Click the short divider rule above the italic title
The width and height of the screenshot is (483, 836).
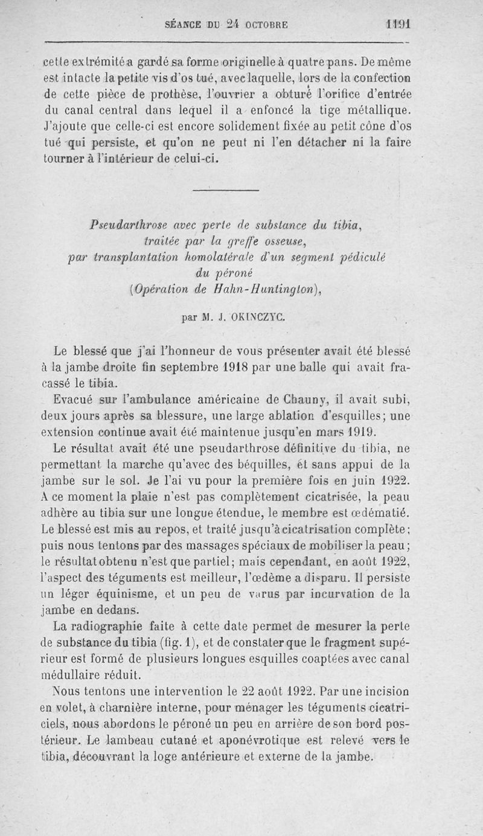[226, 190]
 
